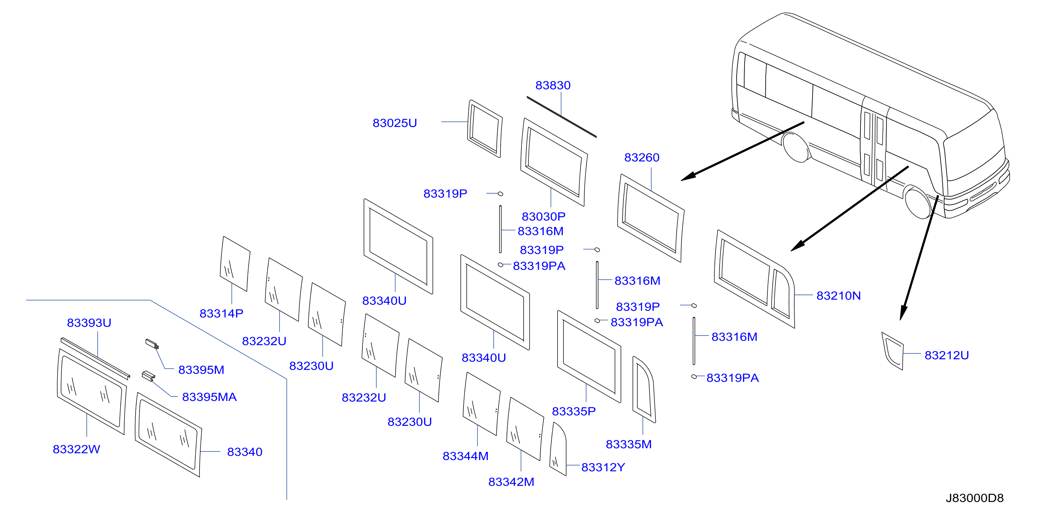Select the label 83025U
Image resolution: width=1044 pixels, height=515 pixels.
[x=395, y=123]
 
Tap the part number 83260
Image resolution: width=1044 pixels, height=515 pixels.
[x=642, y=157]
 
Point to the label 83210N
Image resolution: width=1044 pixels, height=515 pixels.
[x=839, y=296]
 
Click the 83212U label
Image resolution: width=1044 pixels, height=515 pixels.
[x=947, y=355]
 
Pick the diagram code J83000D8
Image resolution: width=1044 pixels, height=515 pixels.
[x=975, y=498]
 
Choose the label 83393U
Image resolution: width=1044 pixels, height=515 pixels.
[x=89, y=323]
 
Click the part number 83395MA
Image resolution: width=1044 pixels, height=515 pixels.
[x=209, y=397]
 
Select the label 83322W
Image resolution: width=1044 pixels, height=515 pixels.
[x=76, y=449]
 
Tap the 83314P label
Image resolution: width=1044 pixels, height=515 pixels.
[x=221, y=313]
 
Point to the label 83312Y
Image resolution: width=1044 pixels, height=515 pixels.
[x=603, y=467]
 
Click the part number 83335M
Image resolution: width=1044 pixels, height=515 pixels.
[x=629, y=445]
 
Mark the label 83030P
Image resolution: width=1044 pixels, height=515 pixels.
[x=543, y=217]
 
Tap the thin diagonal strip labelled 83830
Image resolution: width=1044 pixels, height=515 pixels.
[x=562, y=117]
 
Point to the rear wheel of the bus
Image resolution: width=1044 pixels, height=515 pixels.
[x=797, y=147]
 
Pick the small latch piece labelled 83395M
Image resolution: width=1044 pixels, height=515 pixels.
[x=152, y=344]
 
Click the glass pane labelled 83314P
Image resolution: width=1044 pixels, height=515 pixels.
[x=235, y=264]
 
